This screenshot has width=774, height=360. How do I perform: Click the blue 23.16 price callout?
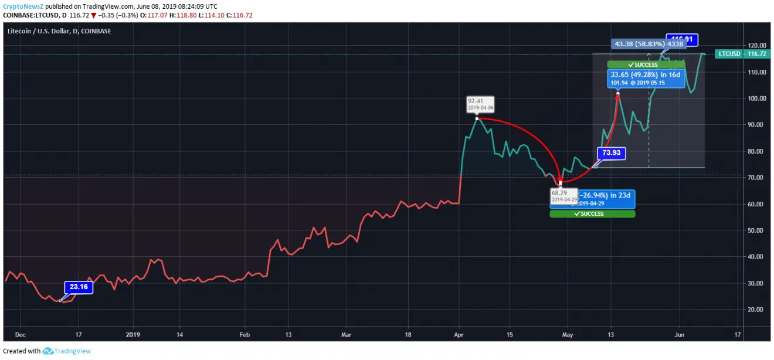(79, 287)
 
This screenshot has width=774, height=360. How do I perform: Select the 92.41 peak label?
(480, 104)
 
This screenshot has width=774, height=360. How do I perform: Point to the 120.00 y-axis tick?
(756, 46)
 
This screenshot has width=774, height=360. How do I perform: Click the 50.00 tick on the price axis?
(756, 230)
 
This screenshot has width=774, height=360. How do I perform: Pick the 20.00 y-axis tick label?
(756, 310)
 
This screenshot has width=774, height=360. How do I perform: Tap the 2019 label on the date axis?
(133, 335)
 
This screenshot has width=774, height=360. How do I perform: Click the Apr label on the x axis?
(458, 335)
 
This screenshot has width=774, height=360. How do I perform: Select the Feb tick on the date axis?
(245, 335)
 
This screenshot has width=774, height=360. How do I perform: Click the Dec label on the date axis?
(21, 335)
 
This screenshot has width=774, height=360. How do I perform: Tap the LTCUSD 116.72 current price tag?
(742, 54)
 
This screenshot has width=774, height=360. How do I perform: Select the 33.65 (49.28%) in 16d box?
(646, 78)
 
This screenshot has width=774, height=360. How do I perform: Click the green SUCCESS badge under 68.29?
(592, 214)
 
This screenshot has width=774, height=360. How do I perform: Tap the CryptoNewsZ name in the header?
(23, 6)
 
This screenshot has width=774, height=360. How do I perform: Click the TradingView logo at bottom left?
(66, 351)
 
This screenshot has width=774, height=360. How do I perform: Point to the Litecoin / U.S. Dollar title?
(59, 31)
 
